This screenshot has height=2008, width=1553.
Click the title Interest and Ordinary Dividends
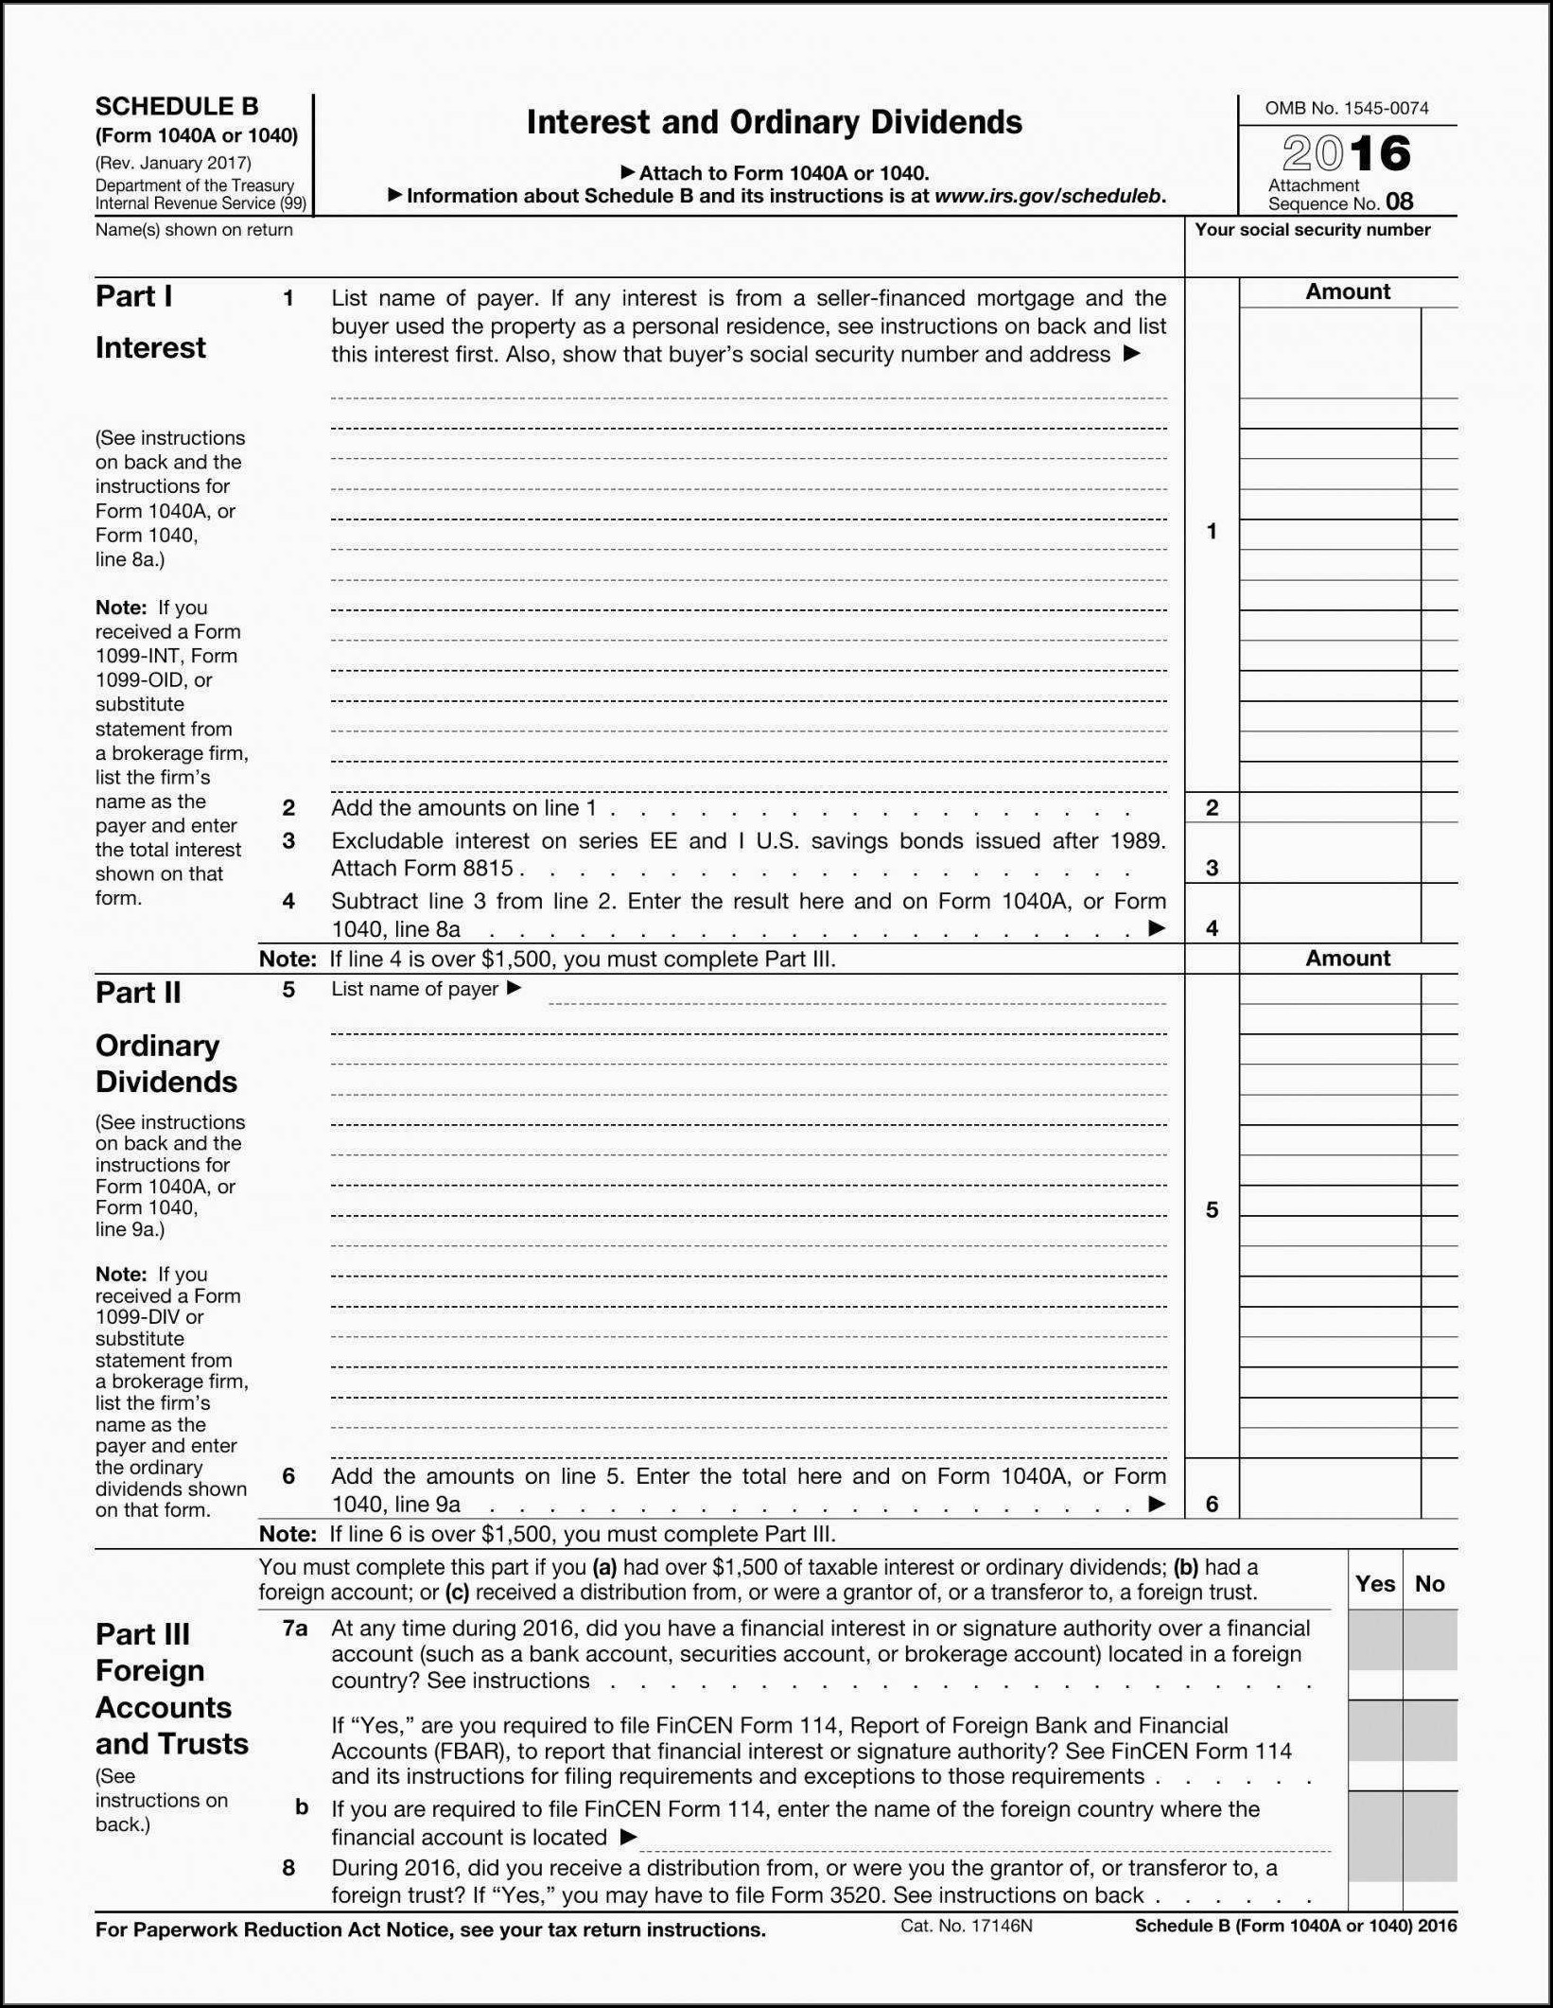tap(774, 122)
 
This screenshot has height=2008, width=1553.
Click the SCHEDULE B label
tap(176, 106)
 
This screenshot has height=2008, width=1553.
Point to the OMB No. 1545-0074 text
tap(1346, 108)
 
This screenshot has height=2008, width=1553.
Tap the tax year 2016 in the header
tap(1346, 153)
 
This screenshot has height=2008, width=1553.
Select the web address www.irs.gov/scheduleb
tap(1048, 196)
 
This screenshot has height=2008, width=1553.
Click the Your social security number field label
tap(1312, 230)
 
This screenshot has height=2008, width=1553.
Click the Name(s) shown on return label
tap(194, 230)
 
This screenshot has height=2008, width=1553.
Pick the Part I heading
tap(133, 296)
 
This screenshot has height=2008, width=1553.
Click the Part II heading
tap(138, 993)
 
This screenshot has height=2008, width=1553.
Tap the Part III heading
tap(143, 1634)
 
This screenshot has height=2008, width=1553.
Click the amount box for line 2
tap(1329, 807)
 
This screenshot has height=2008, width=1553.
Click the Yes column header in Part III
tap(1374, 1584)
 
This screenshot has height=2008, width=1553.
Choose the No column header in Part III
tap(1429, 1584)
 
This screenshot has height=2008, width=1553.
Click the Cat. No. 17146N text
tap(966, 1925)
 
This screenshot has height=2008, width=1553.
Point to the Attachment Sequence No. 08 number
tap(1399, 202)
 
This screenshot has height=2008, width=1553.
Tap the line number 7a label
tap(295, 1629)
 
